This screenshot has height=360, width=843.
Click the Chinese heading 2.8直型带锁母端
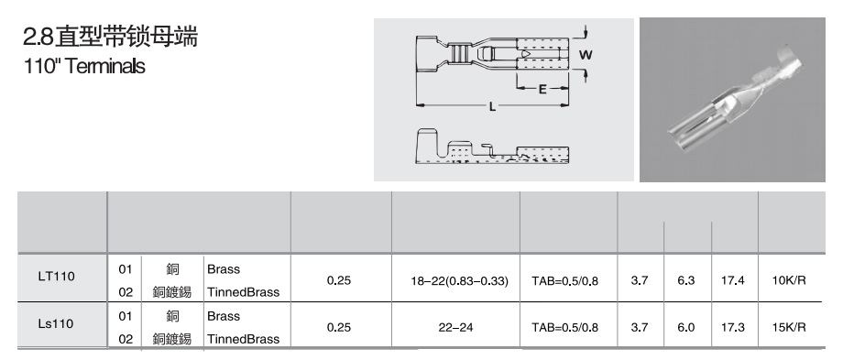tap(110, 36)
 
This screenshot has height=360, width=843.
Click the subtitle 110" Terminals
tap(84, 66)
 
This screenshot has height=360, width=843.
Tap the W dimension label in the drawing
tap(586, 54)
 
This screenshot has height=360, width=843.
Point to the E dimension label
tap(542, 89)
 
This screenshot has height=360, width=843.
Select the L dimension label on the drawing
tap(492, 107)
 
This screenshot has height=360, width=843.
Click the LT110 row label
tap(57, 277)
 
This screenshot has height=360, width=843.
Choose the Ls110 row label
tap(56, 323)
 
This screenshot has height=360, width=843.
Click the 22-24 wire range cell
tap(455, 327)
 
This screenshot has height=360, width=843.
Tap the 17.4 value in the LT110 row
tap(732, 280)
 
